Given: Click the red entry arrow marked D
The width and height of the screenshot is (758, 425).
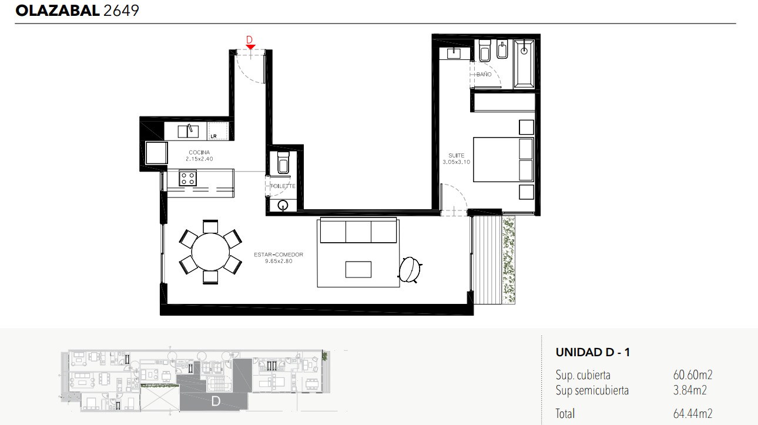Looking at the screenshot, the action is [250, 47].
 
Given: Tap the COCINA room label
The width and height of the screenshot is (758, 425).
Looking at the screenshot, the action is [199, 152].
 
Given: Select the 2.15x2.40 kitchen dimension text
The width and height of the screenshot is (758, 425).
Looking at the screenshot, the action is [199, 159].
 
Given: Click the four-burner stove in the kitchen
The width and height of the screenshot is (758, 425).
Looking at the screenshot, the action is [187, 179].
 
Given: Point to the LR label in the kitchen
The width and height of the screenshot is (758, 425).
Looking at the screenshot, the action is [213, 136].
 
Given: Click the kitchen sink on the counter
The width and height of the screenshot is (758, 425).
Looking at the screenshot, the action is [188, 131].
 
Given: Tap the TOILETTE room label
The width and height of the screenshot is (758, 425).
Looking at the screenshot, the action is [283, 186].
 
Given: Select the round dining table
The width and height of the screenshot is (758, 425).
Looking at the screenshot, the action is [210, 252].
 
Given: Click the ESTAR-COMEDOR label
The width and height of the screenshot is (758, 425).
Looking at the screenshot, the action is [279, 255].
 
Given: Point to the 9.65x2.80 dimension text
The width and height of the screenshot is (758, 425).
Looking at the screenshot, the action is [279, 261].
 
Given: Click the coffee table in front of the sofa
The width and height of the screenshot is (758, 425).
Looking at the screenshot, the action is [358, 270].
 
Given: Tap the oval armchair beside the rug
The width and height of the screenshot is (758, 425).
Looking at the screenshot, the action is [410, 270].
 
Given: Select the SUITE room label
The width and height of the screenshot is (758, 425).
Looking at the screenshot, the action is [456, 155].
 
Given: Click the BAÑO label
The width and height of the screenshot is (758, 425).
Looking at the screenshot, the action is [484, 74].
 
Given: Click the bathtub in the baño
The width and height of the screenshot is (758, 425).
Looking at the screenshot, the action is [524, 63].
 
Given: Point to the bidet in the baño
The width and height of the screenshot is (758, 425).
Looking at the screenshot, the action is [502, 50].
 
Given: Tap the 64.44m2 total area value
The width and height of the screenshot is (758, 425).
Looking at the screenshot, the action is [693, 413].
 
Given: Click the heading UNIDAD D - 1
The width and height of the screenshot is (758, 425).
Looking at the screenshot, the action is [593, 353].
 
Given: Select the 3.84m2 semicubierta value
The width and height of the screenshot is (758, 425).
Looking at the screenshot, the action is [690, 390].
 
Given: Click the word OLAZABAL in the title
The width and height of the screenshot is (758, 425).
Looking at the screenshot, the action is [58, 11].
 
